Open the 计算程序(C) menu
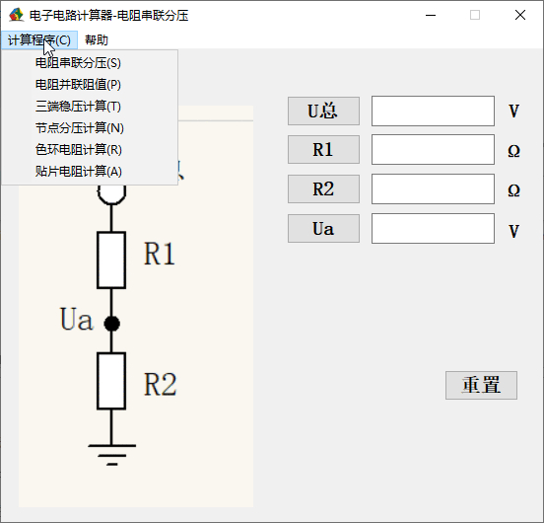38,39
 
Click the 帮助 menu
97,39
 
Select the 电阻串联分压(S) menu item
78,63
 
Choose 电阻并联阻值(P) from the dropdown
78,85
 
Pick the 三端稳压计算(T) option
78,106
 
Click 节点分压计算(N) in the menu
80,128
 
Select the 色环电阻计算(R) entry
79,149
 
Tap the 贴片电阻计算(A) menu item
79,171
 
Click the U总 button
323,112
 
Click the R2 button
323,188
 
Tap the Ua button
323,229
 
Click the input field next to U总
433,112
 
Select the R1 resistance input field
433,150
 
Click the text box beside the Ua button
433,229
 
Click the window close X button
520,15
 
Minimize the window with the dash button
431,15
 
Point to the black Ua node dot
111,324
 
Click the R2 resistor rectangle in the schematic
111,381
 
